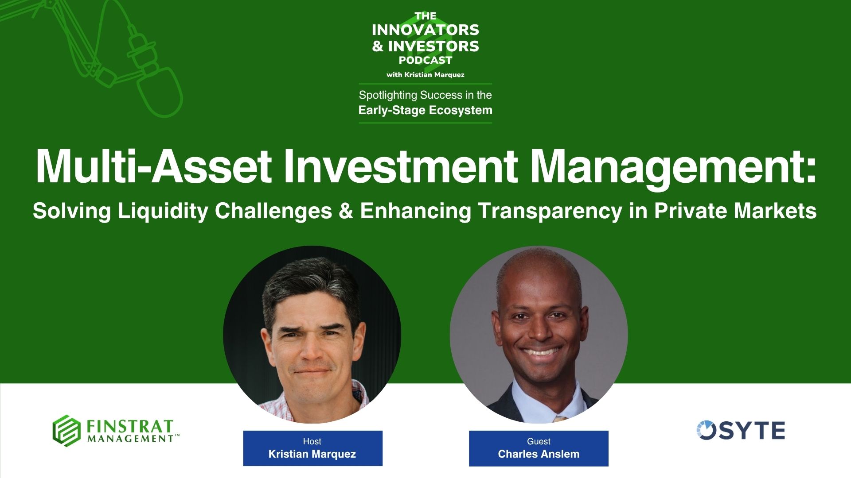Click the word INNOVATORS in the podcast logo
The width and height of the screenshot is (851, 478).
click(x=425, y=30)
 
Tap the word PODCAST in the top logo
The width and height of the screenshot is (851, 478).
click(x=425, y=60)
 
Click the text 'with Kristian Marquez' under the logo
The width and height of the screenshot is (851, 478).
click(x=425, y=75)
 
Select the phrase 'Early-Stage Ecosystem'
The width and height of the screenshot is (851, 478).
click(x=425, y=110)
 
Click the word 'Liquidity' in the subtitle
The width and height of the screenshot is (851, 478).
click(x=163, y=211)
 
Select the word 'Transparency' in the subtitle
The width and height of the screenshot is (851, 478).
click(x=550, y=211)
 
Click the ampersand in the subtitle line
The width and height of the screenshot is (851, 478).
click(x=346, y=211)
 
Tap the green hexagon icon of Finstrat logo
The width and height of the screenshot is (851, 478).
click(x=66, y=431)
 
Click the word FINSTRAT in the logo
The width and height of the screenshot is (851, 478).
click(x=129, y=427)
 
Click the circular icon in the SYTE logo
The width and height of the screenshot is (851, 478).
click(x=706, y=430)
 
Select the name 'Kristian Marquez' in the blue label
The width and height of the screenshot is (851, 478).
click(x=312, y=454)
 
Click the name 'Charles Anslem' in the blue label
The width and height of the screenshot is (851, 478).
click(x=539, y=454)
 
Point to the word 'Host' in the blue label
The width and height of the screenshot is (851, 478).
click(x=312, y=441)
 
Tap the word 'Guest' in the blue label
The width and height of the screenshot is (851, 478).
click(x=539, y=441)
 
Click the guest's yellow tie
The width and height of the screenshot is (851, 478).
click(x=560, y=418)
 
